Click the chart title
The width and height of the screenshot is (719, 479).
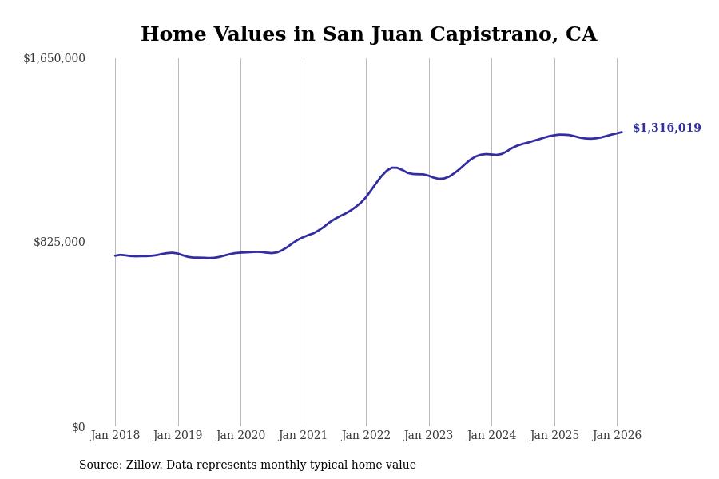(368, 35)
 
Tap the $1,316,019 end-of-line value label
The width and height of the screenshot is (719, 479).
(666, 128)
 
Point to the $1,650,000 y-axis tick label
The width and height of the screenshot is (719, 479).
(54, 58)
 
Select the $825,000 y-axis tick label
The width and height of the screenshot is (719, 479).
(59, 242)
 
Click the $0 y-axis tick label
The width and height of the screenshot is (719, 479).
(78, 427)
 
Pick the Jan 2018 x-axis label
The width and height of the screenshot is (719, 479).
(115, 435)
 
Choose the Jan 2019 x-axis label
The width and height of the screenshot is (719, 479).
(177, 435)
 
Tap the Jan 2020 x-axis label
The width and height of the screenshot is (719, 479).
(240, 435)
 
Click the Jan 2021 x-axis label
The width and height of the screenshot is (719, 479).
(303, 435)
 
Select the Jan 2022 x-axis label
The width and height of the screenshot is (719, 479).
(366, 435)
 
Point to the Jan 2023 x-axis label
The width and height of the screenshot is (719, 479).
(428, 435)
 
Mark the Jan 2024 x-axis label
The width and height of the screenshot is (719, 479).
(491, 435)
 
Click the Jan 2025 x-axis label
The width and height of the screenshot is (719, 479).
(554, 435)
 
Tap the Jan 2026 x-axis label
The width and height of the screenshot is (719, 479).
(617, 435)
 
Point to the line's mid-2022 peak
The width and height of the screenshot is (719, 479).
(394, 168)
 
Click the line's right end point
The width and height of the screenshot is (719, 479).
(622, 132)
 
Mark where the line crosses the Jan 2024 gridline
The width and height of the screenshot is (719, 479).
(491, 154)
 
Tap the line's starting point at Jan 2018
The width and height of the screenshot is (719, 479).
(115, 255)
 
